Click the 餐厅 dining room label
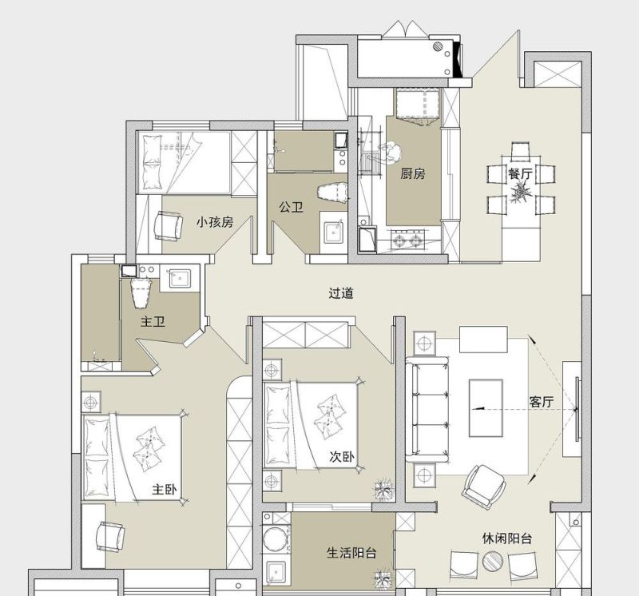click(x=520, y=173)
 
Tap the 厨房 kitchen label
click(x=412, y=174)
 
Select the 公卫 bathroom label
click(x=291, y=207)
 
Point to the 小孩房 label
click(x=215, y=222)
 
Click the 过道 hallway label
click(x=341, y=293)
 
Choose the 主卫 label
click(x=153, y=322)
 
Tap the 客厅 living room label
click(x=542, y=402)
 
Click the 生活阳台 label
click(x=351, y=553)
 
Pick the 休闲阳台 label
click(x=507, y=538)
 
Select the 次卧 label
click(x=342, y=457)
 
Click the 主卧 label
click(x=165, y=489)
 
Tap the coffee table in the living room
click(x=486, y=408)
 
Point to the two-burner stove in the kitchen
click(x=406, y=240)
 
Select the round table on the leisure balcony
click(x=493, y=562)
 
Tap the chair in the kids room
click(x=168, y=226)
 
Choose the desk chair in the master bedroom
click(x=110, y=537)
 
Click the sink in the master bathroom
click(x=179, y=279)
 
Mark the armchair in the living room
click(x=484, y=486)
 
